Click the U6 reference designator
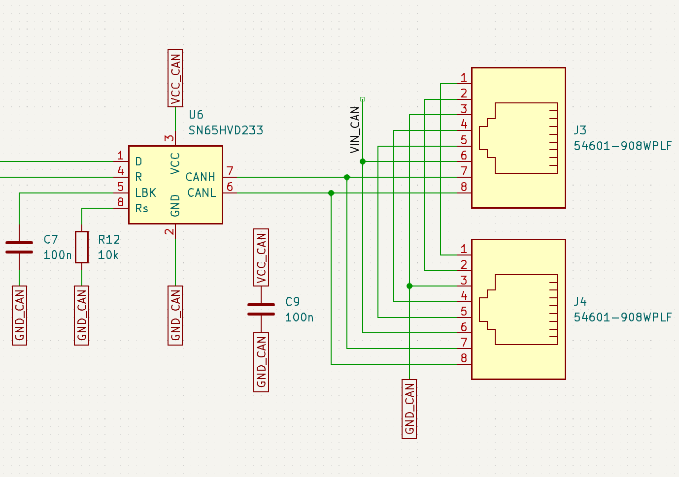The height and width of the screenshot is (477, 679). (x=196, y=115)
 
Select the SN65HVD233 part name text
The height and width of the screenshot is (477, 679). (x=226, y=130)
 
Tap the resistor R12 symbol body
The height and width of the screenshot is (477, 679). (x=82, y=247)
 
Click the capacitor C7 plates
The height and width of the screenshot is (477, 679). (x=19, y=247)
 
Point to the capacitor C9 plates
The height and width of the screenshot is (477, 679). (x=261, y=309)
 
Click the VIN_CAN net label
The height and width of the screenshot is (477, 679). (x=355, y=130)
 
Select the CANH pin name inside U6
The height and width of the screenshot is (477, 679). (x=201, y=177)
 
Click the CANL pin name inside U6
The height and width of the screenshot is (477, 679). (x=202, y=193)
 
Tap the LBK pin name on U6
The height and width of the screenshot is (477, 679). (x=145, y=193)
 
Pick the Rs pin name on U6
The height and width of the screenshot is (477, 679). (x=141, y=209)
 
